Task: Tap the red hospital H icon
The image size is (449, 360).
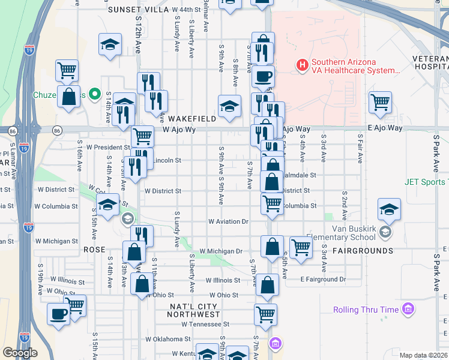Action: [303, 64]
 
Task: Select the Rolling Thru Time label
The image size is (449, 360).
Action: [366, 310]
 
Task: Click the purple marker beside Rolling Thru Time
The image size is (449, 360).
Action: [409, 310]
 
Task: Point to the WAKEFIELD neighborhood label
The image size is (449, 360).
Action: [192, 119]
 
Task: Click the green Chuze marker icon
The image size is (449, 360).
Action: [94, 94]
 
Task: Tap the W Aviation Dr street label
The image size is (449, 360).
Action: [228, 221]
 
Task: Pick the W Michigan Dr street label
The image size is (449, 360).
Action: [220, 251]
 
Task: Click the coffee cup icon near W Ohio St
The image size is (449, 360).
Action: [59, 314]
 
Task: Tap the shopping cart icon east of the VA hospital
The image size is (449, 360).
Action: [381, 103]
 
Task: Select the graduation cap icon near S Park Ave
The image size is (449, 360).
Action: [389, 209]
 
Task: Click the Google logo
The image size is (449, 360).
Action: [20, 353]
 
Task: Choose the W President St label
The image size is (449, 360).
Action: [108, 146]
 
